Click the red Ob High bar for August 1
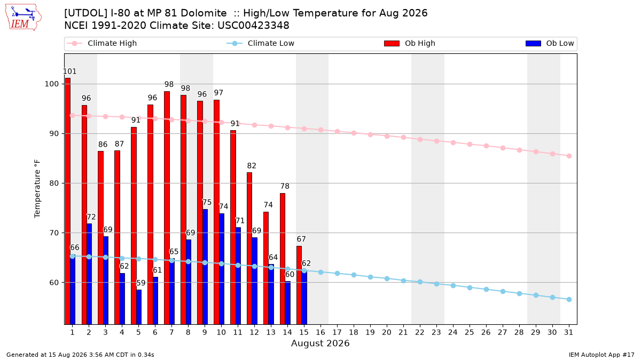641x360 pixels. pos(67,201)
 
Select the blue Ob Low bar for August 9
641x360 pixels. pos(205,267)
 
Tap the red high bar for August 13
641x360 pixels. pos(266,268)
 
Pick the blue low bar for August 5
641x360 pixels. pos(139,307)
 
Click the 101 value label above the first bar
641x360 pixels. pos(69,71)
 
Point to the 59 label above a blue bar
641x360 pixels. pos(141,283)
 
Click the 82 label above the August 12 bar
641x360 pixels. pos(252,166)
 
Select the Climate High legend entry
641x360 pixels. pos(101,43)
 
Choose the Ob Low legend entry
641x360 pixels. pos(550,43)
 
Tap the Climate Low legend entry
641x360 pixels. pos(261,43)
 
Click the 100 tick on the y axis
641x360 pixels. pos(51,84)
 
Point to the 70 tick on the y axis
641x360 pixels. pos(54,233)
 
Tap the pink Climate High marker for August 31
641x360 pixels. pos(569,156)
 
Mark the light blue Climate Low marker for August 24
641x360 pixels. pos(454,285)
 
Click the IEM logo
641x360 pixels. pos(23,18)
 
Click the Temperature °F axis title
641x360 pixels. pos(37,189)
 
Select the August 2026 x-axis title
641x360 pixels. pos(320,343)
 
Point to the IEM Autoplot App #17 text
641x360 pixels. pos(601,355)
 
